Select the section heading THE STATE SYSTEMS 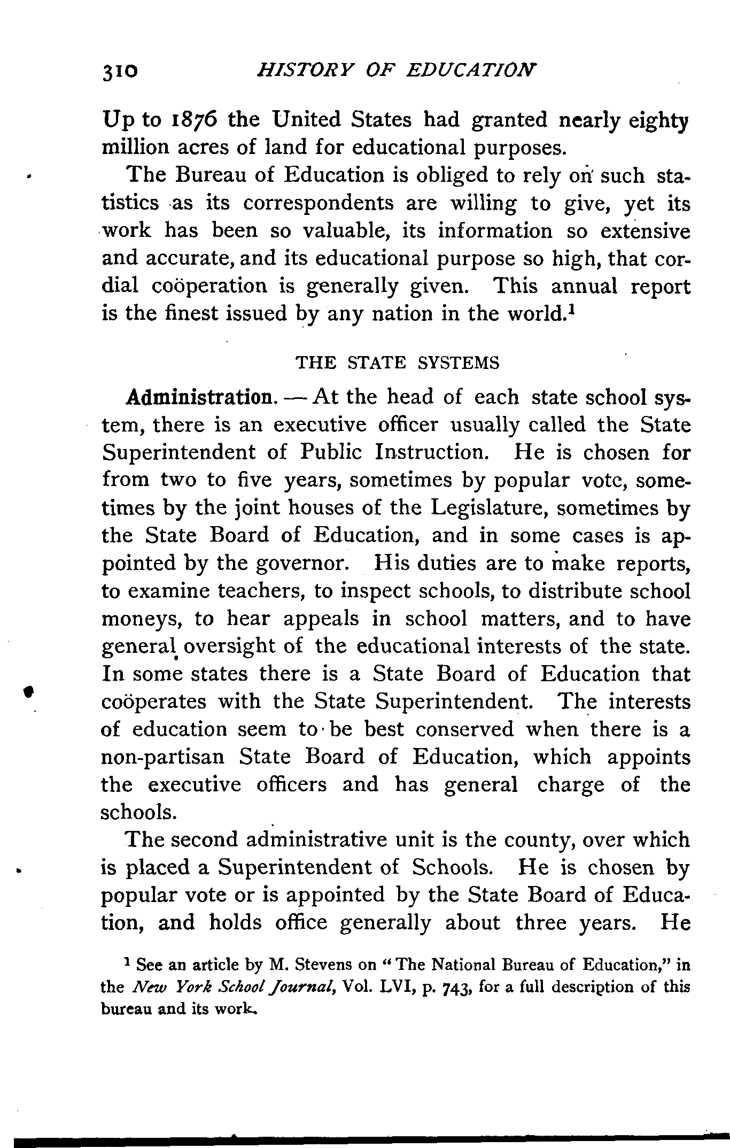[x=397, y=363]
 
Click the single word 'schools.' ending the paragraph [x=138, y=812]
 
